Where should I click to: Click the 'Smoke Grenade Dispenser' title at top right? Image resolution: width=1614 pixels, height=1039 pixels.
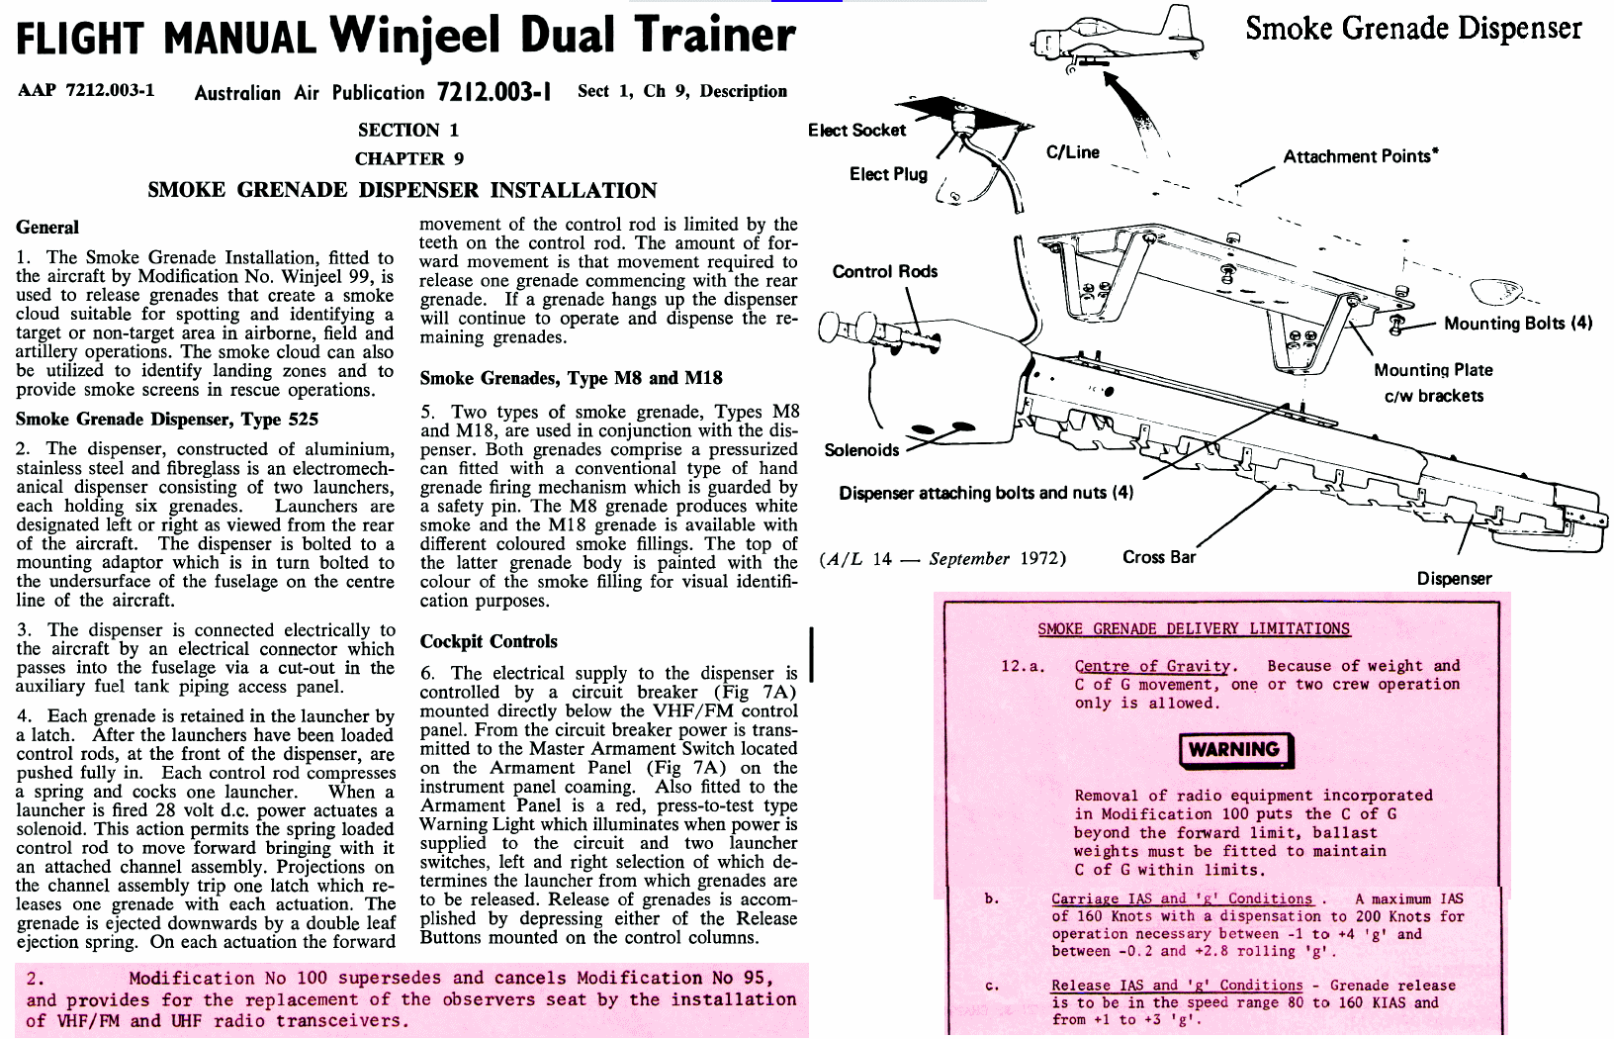(x=1412, y=28)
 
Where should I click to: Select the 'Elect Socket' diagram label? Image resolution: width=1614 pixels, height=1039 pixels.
(x=856, y=131)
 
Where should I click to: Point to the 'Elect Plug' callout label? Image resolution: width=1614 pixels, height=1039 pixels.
(x=888, y=174)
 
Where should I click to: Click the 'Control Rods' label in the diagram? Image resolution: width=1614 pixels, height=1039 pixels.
(x=884, y=271)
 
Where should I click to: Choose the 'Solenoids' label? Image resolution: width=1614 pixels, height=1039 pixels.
(x=861, y=450)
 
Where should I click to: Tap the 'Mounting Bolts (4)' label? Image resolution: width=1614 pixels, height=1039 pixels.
(x=1517, y=324)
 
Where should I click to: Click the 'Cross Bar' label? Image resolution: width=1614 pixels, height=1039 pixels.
(x=1159, y=557)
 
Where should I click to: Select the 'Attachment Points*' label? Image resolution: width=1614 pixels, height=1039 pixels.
(x=1360, y=156)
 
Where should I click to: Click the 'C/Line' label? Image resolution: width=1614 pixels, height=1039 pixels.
(x=1072, y=152)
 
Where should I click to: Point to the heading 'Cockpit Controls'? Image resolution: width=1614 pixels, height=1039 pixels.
(x=489, y=641)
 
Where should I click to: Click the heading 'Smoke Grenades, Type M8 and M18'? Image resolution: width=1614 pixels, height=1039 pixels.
(x=571, y=378)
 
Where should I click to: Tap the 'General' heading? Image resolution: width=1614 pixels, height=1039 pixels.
(x=47, y=228)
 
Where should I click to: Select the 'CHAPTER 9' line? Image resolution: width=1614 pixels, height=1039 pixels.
(x=408, y=158)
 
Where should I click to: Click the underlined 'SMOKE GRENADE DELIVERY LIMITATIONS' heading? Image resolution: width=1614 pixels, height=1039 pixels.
(x=1193, y=628)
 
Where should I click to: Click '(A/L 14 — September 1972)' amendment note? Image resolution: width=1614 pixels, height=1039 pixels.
(x=942, y=558)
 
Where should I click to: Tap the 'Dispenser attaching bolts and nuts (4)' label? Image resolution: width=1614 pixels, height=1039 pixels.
(x=985, y=493)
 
